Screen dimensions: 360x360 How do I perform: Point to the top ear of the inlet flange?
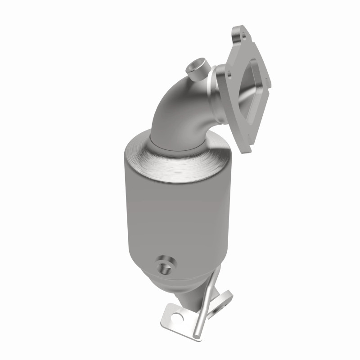[238, 34]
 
